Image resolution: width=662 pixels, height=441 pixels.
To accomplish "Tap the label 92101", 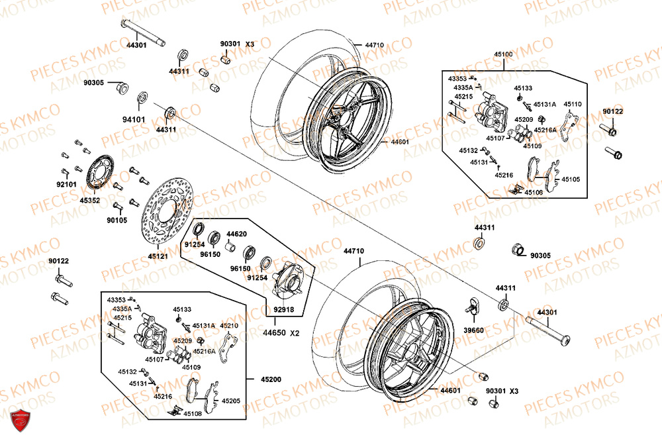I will click(x=66, y=184).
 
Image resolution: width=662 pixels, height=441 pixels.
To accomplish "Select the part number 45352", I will click(x=89, y=199).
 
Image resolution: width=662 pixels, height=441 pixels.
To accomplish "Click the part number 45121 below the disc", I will click(x=158, y=255).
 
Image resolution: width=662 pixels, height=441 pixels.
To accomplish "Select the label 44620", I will click(x=236, y=234).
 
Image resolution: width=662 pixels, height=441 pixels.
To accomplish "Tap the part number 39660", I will click(x=473, y=329).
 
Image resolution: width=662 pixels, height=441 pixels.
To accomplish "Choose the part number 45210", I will click(x=229, y=326).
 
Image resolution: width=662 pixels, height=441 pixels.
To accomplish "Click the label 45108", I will click(x=193, y=413).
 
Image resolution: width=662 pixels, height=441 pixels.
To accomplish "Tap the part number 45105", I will click(x=570, y=179).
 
